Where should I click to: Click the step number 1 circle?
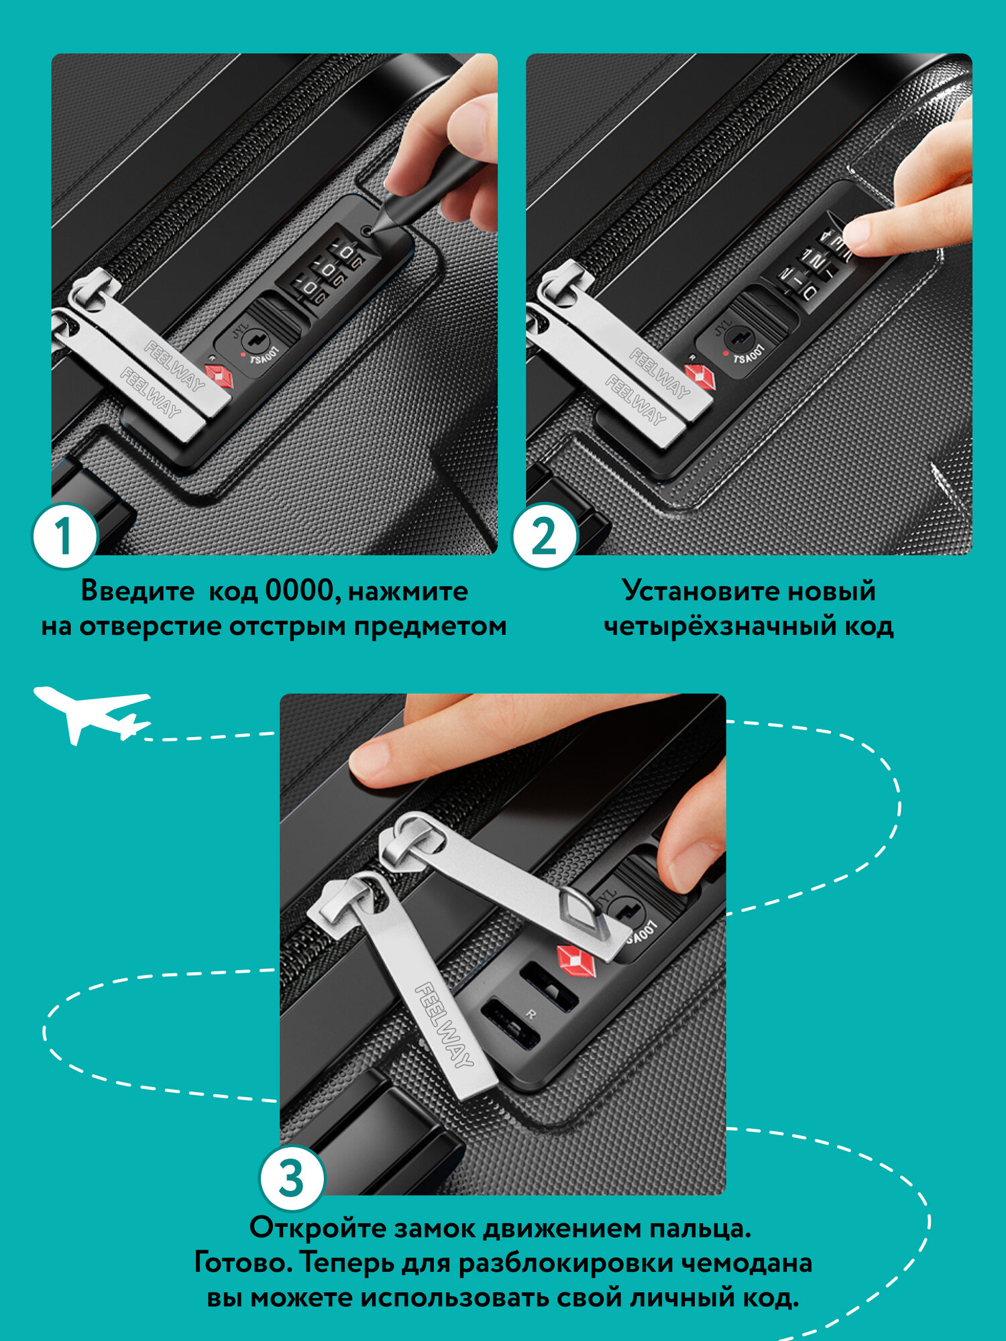coord(64,536)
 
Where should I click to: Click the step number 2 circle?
coord(545,536)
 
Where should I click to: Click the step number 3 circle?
coord(292,1179)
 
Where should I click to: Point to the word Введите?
coord(137,592)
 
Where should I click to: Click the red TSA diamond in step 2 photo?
coord(700,377)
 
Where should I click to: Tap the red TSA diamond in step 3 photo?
coord(575,960)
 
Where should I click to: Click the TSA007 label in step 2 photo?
coord(748,355)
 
